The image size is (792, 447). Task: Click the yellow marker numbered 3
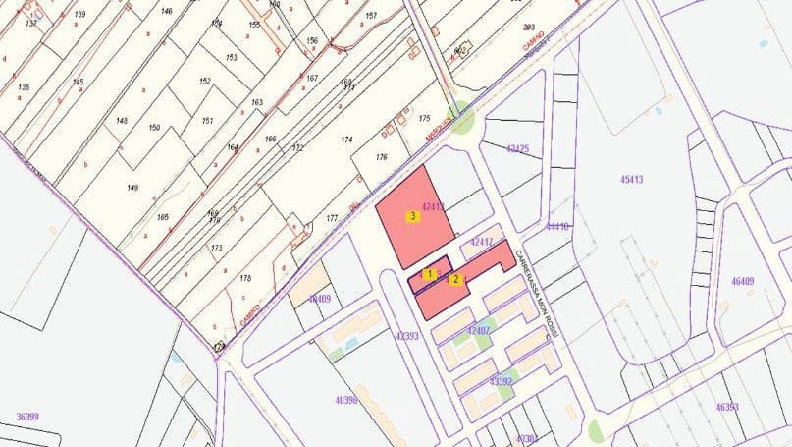(x=414, y=216)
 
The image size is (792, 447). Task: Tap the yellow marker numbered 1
(x=430, y=274)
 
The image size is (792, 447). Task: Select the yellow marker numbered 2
(x=455, y=279)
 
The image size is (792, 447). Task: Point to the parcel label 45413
(x=631, y=180)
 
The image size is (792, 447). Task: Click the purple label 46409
(x=742, y=282)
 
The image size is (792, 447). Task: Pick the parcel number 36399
(x=27, y=417)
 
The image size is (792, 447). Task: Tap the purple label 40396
(x=346, y=400)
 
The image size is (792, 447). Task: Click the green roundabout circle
(x=461, y=120)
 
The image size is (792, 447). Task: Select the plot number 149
(x=132, y=187)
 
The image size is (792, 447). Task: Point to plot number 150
(x=154, y=128)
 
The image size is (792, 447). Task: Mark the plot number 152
(x=205, y=82)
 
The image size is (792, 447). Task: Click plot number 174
(x=346, y=141)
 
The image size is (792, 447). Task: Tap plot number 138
(x=24, y=87)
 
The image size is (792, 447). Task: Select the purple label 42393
(x=406, y=335)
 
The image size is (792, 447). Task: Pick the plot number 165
(x=164, y=216)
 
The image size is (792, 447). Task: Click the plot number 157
(x=370, y=17)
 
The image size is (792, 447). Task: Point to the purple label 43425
(x=517, y=148)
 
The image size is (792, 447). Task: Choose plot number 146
(x=167, y=12)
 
